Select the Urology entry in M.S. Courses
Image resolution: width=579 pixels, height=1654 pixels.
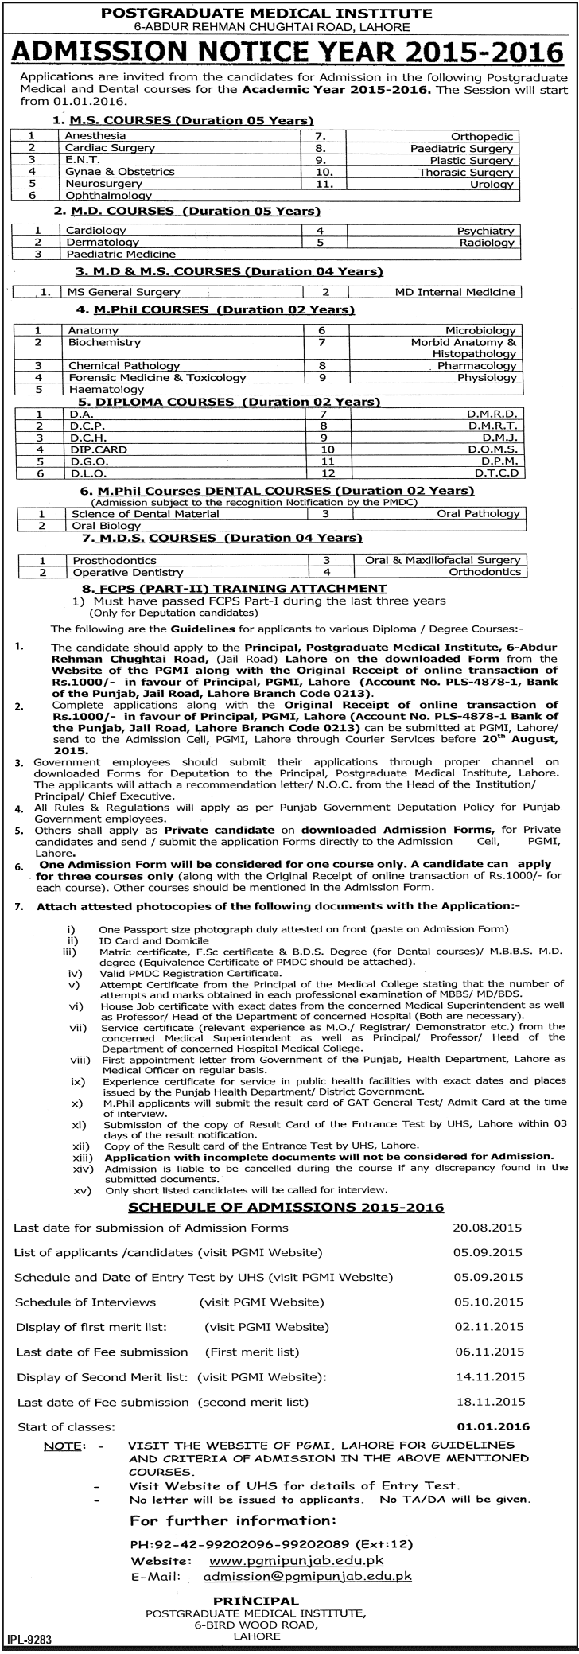pos(493,184)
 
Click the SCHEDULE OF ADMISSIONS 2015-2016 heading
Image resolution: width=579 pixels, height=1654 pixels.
pos(286,1207)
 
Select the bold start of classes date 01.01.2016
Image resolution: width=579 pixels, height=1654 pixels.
pos(493,1426)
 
